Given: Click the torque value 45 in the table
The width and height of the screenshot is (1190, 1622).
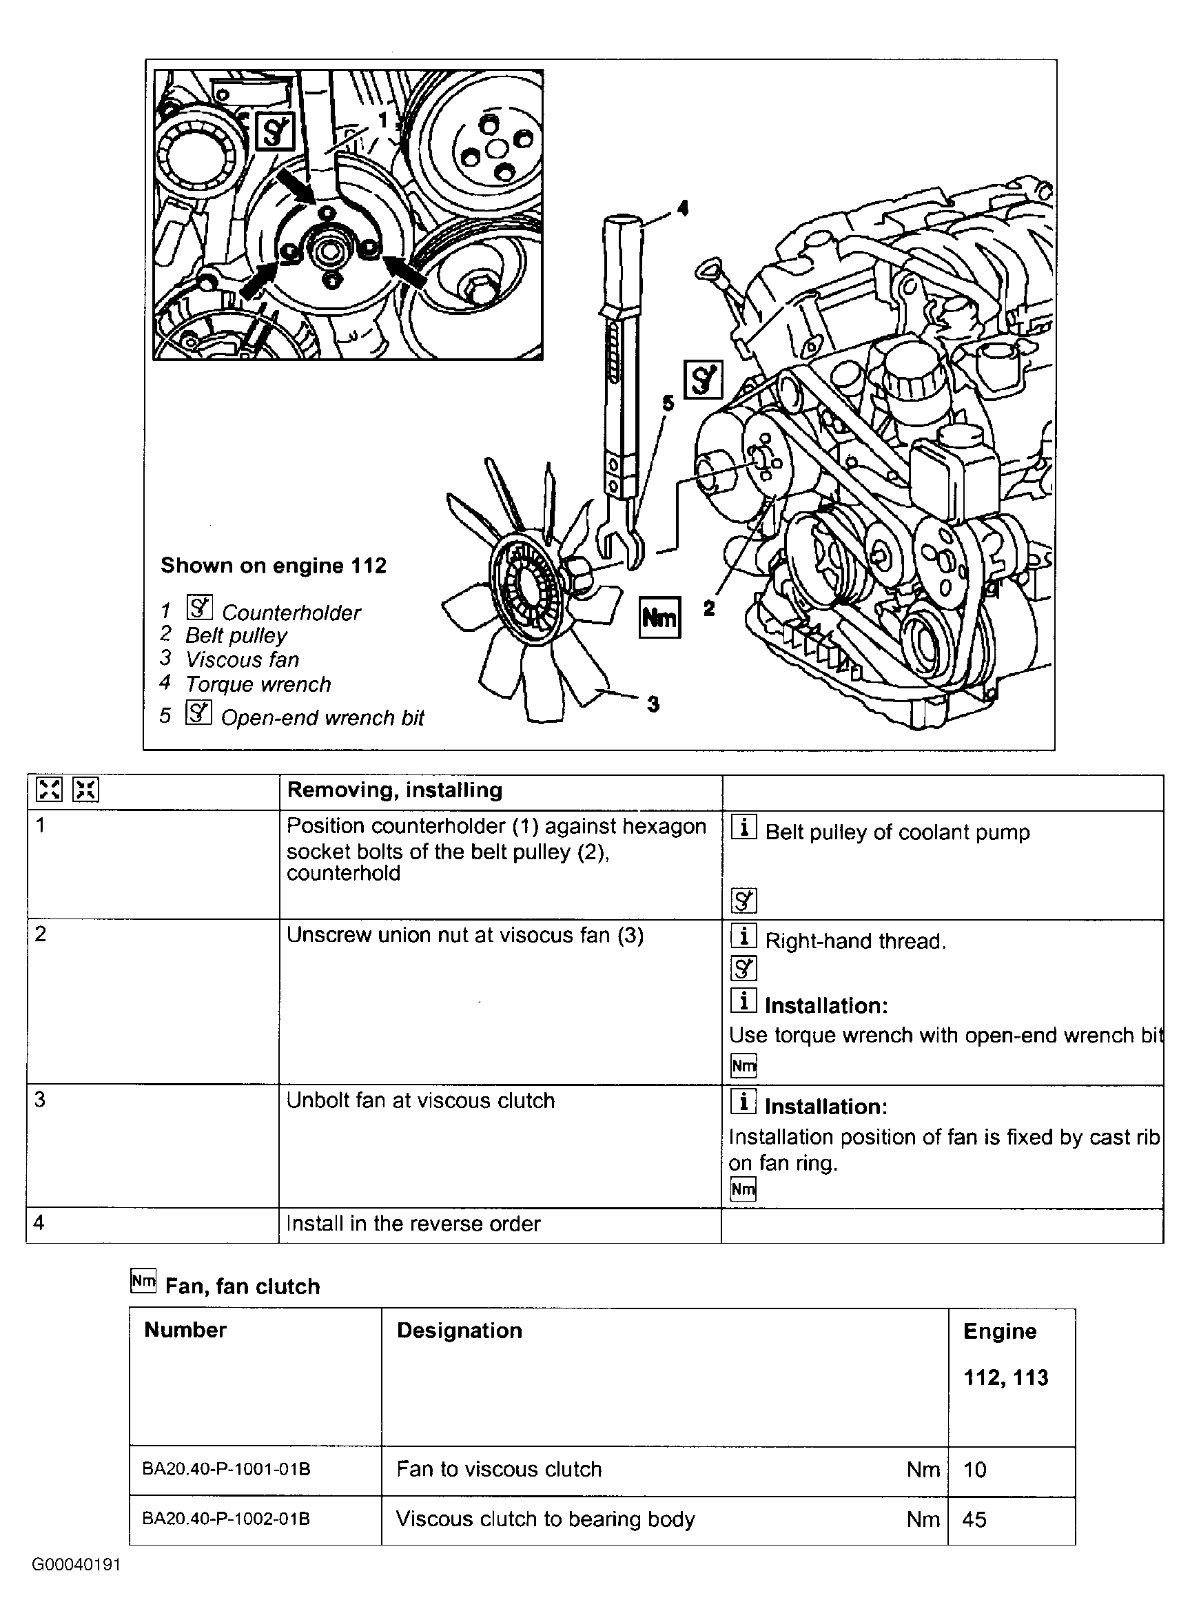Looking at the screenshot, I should tap(974, 1519).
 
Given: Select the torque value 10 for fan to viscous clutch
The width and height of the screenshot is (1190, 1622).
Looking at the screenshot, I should tap(974, 1469).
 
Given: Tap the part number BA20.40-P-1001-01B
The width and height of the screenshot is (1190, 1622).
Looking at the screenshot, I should tap(226, 1468).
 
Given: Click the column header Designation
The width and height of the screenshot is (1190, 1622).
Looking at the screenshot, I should tap(459, 1331).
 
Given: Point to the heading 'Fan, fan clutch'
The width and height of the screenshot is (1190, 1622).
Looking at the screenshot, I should tap(242, 1286).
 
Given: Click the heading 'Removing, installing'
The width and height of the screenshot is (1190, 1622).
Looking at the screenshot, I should tap(394, 790).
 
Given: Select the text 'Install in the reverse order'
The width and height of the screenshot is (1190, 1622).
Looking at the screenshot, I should tap(413, 1224).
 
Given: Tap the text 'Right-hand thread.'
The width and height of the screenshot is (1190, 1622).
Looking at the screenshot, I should tap(855, 941).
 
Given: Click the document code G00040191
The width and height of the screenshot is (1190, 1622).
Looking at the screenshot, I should tap(76, 1564).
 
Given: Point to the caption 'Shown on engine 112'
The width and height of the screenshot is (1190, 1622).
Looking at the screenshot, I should tap(273, 566).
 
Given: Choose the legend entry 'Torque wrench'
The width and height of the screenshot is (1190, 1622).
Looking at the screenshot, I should tap(258, 684).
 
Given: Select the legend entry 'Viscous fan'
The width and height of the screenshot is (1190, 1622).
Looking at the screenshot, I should tap(242, 659).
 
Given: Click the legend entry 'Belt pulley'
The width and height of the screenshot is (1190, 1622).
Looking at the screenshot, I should tap(236, 635).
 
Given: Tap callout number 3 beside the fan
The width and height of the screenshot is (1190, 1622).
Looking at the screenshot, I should tap(653, 704).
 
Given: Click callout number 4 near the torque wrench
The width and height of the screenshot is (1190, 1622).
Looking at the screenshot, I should tap(682, 208).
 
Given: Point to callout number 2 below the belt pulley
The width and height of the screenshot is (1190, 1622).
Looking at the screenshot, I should tap(709, 608).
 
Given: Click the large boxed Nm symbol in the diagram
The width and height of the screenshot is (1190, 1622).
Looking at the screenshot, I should tap(660, 618).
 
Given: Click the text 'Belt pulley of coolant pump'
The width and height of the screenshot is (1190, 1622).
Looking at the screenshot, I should tap(897, 832).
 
